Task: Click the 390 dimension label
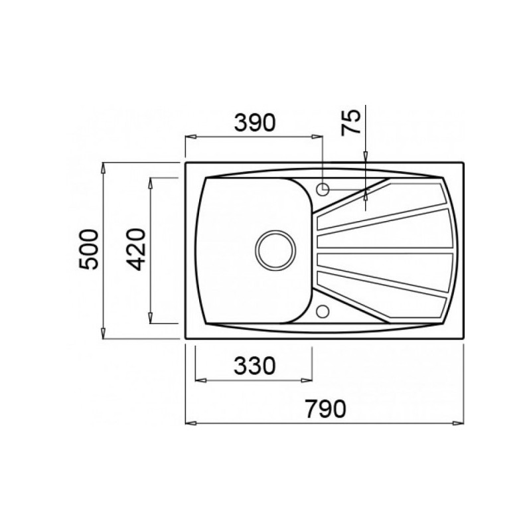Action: coord(255,123)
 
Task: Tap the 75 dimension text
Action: coord(351,122)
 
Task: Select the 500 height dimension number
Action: coord(88,250)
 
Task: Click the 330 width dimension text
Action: coord(255,366)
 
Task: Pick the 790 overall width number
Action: coord(325,409)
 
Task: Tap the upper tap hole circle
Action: coord(323,189)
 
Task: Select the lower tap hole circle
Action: coord(323,311)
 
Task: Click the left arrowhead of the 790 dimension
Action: coord(190,423)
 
